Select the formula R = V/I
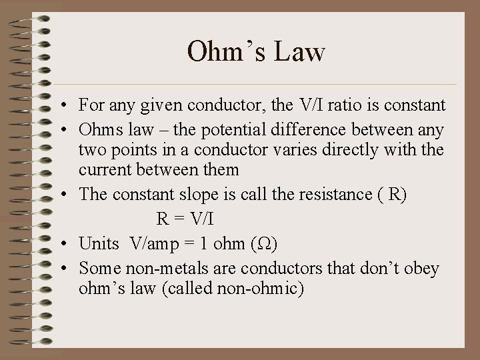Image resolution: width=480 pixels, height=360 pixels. (187, 219)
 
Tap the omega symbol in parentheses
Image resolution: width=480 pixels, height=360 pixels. (264, 243)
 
